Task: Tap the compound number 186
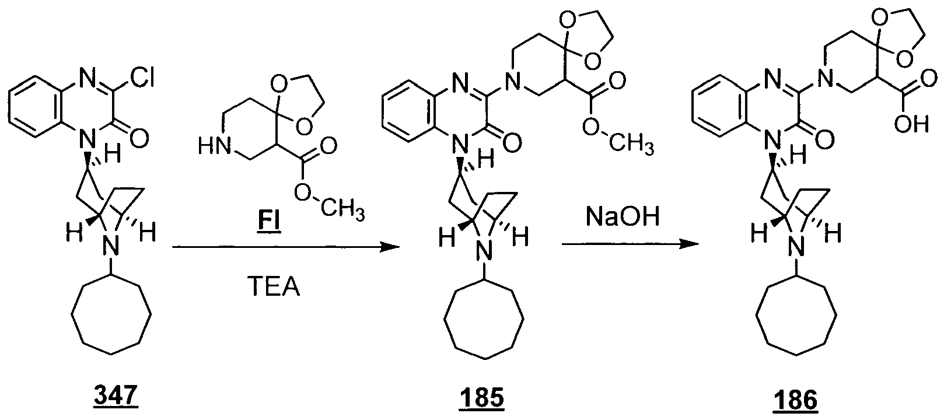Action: pyautogui.click(x=795, y=400)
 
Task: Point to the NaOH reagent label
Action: pyautogui.click(x=623, y=218)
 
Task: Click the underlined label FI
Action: pyautogui.click(x=269, y=221)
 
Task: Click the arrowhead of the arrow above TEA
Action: pyautogui.click(x=389, y=247)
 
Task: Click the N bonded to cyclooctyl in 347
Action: pyautogui.click(x=111, y=246)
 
